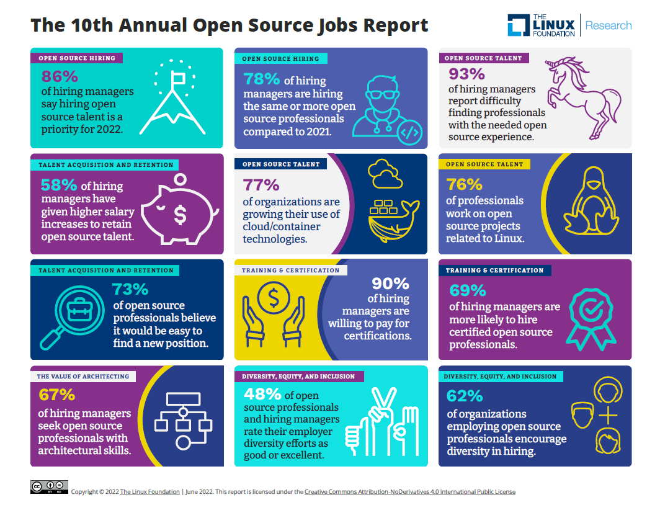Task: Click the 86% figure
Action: (60, 76)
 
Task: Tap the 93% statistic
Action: (466, 74)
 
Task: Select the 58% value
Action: (59, 185)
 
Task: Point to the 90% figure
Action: (390, 284)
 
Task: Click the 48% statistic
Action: (262, 395)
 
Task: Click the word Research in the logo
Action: (608, 25)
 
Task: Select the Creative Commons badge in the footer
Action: (49, 487)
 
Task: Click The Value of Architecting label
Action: (82, 377)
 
